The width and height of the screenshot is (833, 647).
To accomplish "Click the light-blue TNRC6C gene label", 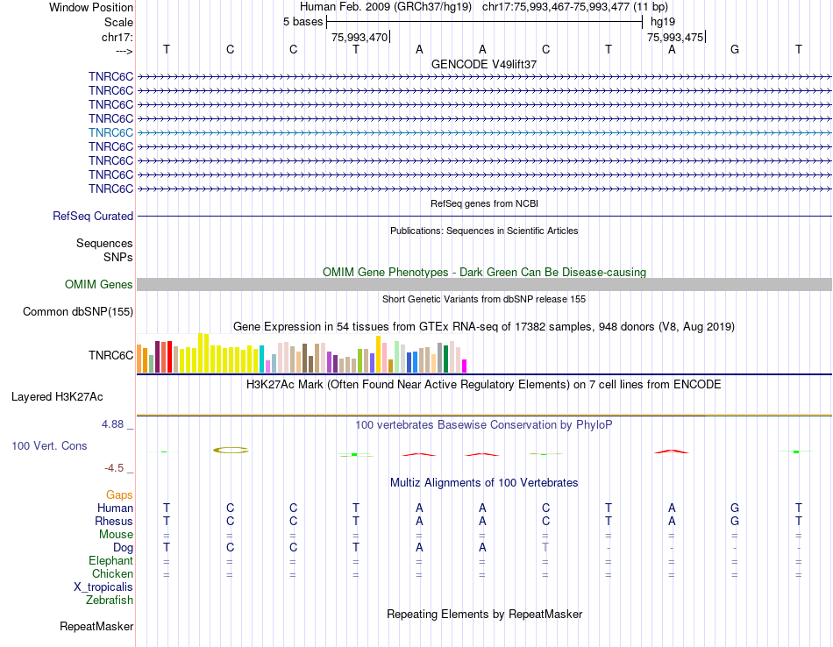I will (x=110, y=132).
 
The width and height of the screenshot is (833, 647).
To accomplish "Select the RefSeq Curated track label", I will (x=93, y=216).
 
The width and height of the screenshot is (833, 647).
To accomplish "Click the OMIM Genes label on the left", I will (x=99, y=284).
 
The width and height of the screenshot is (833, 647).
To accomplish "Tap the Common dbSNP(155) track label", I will (x=78, y=311).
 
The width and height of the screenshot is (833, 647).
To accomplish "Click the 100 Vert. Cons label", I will (x=49, y=445).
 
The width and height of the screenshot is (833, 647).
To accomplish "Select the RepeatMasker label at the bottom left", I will (x=96, y=626).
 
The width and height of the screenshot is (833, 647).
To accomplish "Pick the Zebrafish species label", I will (x=110, y=601).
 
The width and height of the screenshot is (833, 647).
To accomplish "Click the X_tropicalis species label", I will (x=103, y=587).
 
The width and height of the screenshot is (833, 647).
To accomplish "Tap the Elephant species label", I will (x=110, y=561).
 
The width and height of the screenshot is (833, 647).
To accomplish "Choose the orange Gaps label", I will (x=119, y=495).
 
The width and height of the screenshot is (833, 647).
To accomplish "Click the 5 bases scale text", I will (x=303, y=21).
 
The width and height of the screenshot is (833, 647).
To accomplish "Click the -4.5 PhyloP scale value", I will (x=118, y=467).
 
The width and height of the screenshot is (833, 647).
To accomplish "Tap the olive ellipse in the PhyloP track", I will (x=231, y=450).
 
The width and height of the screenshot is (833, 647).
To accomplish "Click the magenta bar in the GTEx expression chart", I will (x=465, y=366).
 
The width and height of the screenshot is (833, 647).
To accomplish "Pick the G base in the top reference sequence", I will (x=735, y=49).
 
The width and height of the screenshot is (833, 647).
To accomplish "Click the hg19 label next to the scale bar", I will (x=663, y=21).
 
